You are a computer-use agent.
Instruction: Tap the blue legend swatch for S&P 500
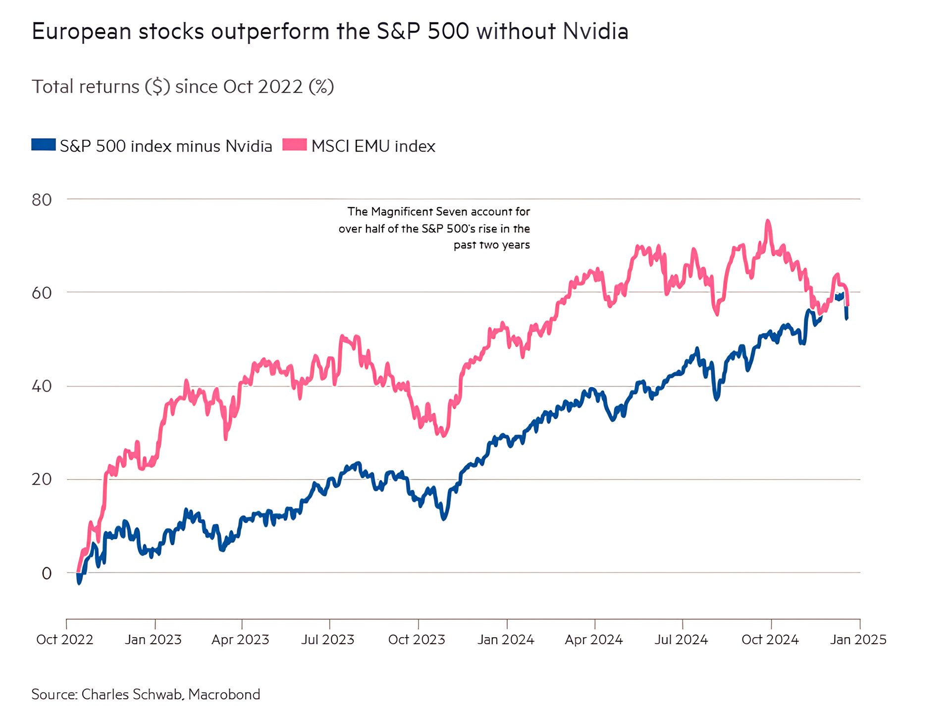pos(44,145)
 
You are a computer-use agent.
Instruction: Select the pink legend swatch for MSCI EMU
pos(295,145)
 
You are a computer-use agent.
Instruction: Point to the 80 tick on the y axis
pos(42,200)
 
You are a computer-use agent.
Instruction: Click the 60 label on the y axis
pos(42,293)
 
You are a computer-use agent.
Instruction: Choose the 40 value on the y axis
pos(42,386)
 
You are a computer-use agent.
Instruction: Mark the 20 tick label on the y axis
pos(42,479)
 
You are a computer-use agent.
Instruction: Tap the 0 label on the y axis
pos(47,573)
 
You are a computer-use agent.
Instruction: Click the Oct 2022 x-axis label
pos(65,640)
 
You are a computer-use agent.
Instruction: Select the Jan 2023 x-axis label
pos(153,640)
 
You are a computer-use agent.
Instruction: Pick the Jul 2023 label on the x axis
pos(328,640)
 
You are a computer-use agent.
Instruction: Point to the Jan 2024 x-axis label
pos(506,640)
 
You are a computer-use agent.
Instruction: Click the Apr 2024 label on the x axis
pos(594,640)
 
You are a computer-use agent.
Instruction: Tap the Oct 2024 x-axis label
pos(770,640)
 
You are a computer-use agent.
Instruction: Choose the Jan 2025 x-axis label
pos(858,640)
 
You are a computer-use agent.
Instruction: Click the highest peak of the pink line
pos(768,221)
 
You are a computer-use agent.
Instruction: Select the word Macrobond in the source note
pos(224,694)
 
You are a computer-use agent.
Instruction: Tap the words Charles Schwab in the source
pos(132,694)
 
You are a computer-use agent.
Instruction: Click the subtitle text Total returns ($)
pos(101,87)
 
